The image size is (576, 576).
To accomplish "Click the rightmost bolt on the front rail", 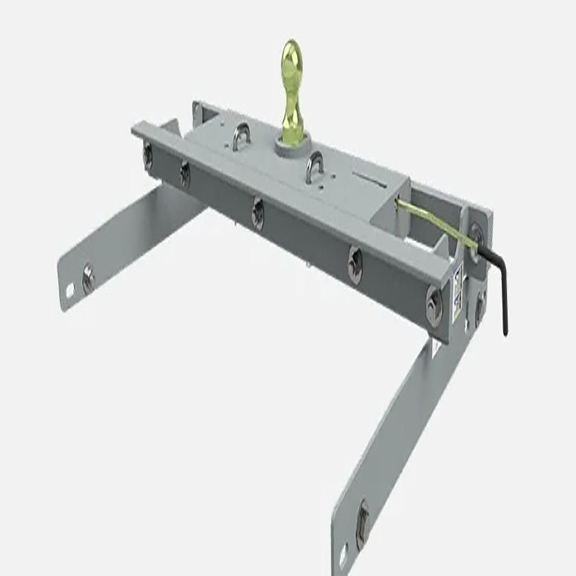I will point(434,298).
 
